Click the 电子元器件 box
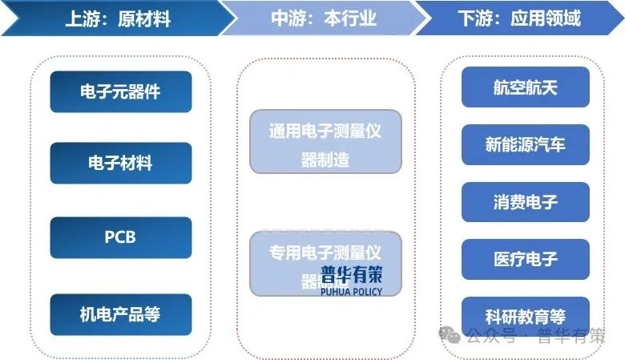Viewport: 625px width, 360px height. point(120,91)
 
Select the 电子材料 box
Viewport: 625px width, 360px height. point(120,163)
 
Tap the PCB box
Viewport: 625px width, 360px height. point(120,237)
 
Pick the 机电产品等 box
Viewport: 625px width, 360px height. point(120,314)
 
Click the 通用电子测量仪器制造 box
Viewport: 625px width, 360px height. point(325,142)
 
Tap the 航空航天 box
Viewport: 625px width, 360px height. point(525,87)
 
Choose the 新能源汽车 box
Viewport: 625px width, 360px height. point(525,144)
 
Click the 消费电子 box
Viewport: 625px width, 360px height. point(525,202)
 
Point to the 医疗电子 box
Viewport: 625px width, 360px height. point(525,259)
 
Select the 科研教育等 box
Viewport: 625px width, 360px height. point(525,315)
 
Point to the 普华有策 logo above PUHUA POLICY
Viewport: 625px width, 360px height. point(351,273)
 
